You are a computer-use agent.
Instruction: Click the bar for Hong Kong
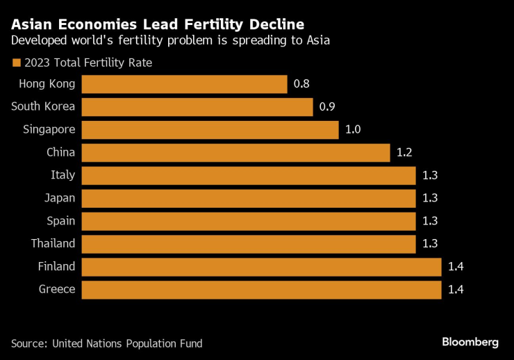(184, 84)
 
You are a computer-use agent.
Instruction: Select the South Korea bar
(197, 107)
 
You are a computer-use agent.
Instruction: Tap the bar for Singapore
(210, 130)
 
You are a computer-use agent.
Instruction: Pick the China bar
(235, 153)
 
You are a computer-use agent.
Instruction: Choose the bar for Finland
(261, 267)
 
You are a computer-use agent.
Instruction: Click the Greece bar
(261, 290)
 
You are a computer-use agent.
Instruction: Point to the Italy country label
(63, 175)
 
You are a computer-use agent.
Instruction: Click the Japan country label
(59, 198)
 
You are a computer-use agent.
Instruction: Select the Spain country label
(60, 221)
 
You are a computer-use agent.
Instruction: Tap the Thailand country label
(53, 244)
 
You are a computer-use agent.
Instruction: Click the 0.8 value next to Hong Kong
(301, 84)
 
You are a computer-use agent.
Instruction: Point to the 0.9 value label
(327, 107)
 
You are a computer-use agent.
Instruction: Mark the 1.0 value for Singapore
(353, 130)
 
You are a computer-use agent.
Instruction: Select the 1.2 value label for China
(404, 153)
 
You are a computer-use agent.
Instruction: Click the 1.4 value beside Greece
(456, 290)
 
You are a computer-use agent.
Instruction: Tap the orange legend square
(16, 63)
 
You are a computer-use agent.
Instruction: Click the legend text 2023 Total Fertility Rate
(88, 63)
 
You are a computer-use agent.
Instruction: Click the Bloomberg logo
(470, 342)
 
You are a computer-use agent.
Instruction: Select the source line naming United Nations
(107, 343)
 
